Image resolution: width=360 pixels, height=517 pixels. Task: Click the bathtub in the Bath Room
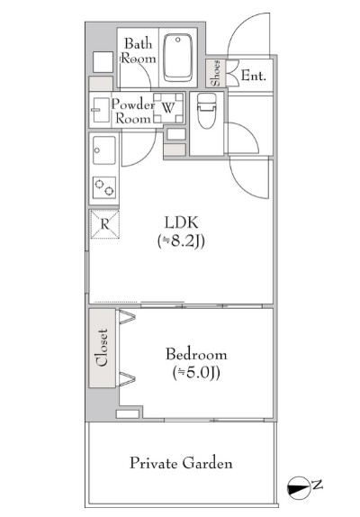tap(178, 58)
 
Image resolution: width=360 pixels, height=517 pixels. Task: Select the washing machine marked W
tap(168, 108)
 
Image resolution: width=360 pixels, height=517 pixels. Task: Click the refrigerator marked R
tap(104, 224)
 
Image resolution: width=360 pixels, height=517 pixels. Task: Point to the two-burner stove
tap(104, 187)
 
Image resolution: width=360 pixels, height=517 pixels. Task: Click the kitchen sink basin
tap(104, 150)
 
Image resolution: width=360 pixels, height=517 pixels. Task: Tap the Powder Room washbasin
tap(101, 110)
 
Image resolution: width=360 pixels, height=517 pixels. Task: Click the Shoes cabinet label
tap(215, 73)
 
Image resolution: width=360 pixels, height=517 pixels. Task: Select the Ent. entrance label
tap(253, 76)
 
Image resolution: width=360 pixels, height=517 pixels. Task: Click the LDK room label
tap(182, 222)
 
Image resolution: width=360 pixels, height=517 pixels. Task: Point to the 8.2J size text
tap(182, 241)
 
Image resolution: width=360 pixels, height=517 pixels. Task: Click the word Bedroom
tap(196, 354)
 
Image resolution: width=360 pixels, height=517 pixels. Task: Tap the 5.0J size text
tap(196, 373)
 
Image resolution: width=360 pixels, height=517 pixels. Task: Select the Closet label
tap(102, 348)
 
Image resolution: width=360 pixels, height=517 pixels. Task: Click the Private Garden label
tap(181, 463)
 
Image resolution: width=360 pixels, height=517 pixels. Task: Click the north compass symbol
tap(299, 488)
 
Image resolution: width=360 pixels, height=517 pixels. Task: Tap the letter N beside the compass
tap(317, 485)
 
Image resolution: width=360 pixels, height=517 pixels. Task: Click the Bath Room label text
tap(139, 51)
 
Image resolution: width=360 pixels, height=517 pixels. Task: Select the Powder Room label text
tap(132, 111)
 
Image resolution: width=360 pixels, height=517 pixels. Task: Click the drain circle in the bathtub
tap(178, 40)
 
